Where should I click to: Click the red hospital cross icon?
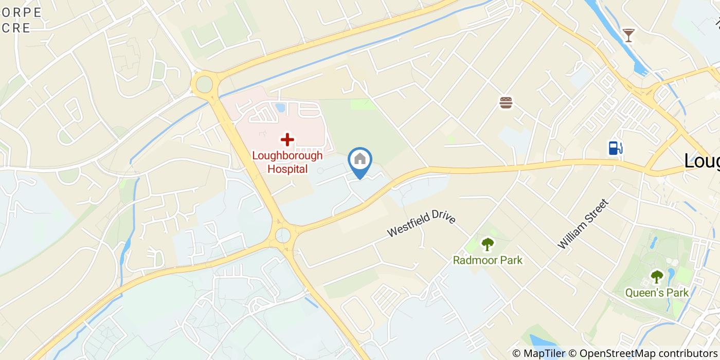tap(287, 139)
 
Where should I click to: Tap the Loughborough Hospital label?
tap(287, 162)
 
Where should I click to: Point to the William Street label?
tap(583, 224)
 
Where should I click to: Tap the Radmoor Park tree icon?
tap(487, 244)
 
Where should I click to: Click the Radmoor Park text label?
tap(488, 260)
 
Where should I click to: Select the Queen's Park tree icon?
tap(657, 277)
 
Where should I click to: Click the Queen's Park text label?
tap(657, 293)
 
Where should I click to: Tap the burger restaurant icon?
tap(506, 103)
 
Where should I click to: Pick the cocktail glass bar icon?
tap(628, 35)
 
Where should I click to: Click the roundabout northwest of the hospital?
tap(204, 84)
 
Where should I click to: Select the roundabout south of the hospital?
tap(283, 236)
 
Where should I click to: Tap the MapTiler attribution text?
tap(544, 353)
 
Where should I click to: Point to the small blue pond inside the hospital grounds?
tap(280, 107)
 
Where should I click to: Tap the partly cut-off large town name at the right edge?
tap(702, 161)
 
